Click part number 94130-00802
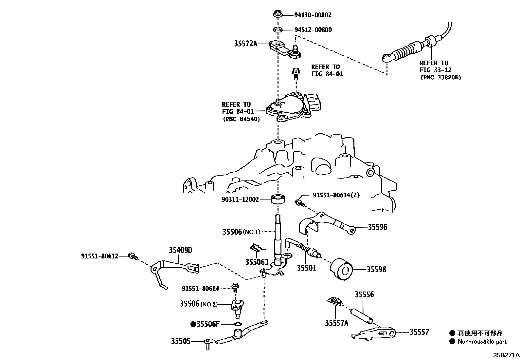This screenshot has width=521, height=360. (313, 15)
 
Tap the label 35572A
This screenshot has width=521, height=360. (246, 44)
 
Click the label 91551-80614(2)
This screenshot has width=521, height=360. (336, 195)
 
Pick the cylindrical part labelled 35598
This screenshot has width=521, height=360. (341, 269)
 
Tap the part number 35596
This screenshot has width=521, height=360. (377, 227)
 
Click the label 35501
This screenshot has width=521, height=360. (307, 268)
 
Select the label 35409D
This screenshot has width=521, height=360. (180, 251)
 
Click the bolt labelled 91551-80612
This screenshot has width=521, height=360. (133, 256)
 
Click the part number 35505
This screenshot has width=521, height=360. (180, 341)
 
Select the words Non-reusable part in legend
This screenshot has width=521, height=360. (482, 342)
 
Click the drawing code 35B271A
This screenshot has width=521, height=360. (506, 355)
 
